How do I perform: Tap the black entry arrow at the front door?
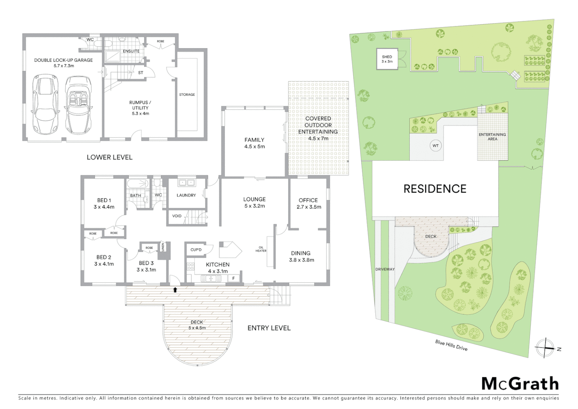point(175,290)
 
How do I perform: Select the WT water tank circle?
point(435,145)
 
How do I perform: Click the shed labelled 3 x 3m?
point(387,59)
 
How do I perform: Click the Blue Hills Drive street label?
point(451,345)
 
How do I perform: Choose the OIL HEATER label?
point(261,249)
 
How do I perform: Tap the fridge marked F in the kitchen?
point(233,278)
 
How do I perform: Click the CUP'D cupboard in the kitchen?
point(196,250)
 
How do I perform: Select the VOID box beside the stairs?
point(177,216)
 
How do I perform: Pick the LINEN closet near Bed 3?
point(163,247)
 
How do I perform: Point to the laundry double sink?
point(186,183)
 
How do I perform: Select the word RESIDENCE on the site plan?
point(435,189)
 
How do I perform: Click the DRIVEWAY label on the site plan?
point(385,269)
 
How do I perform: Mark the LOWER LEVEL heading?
point(109,157)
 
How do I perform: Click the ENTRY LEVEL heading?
point(269,328)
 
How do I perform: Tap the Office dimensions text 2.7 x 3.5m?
point(309,207)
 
